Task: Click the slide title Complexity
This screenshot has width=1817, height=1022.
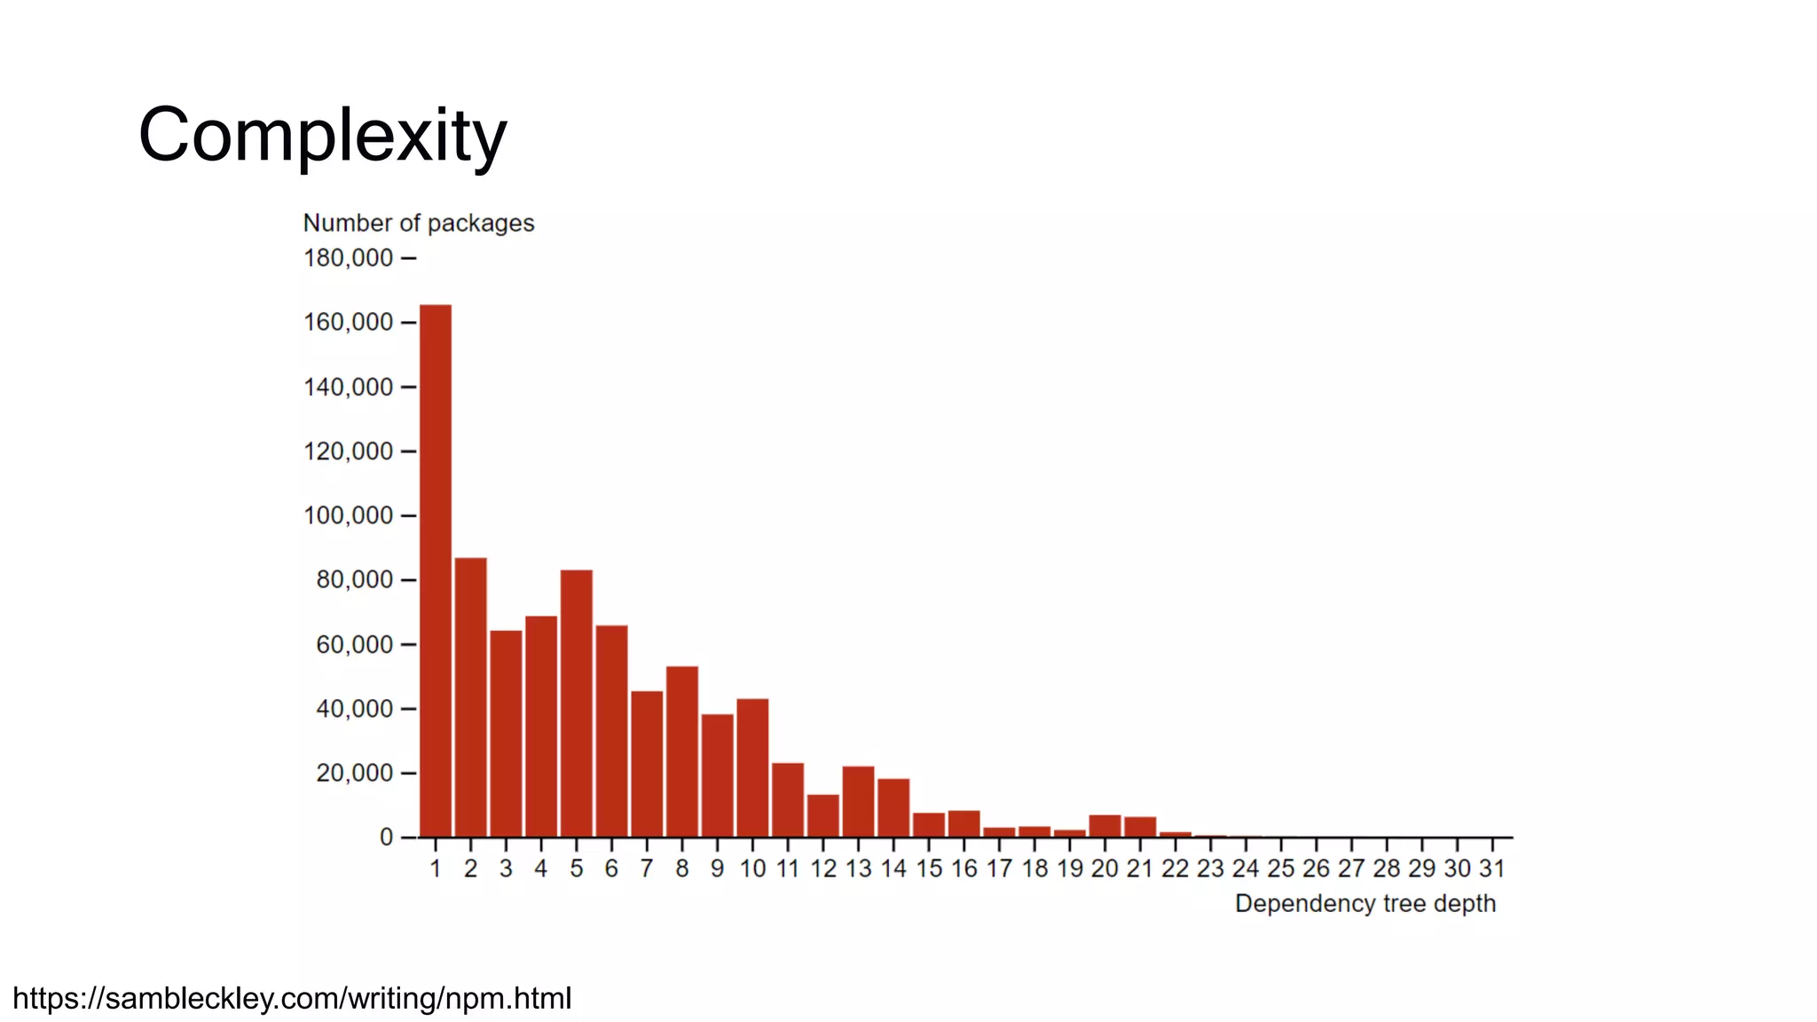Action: (x=322, y=135)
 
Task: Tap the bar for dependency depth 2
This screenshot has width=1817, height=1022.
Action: (x=471, y=697)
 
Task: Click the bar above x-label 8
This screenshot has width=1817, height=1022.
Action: (x=682, y=751)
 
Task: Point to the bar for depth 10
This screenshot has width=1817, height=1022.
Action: (x=752, y=767)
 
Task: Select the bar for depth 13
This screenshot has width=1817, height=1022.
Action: (x=858, y=801)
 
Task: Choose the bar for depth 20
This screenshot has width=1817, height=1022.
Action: (x=1105, y=826)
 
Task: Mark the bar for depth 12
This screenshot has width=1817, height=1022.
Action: (x=823, y=815)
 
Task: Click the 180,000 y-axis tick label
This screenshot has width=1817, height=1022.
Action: (x=348, y=258)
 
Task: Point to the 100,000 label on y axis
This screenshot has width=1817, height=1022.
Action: (x=348, y=515)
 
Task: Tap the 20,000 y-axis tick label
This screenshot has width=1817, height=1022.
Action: (x=354, y=774)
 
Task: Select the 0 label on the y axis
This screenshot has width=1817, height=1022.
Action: (x=386, y=837)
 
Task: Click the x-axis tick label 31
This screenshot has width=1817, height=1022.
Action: (x=1492, y=869)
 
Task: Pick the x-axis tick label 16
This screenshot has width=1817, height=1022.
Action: (x=964, y=869)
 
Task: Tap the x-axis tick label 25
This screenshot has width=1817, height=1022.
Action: (x=1281, y=869)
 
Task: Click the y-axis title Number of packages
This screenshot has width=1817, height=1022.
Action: (x=419, y=223)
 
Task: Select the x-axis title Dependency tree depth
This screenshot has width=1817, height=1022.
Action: (x=1365, y=904)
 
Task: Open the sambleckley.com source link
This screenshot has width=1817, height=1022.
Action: (x=292, y=999)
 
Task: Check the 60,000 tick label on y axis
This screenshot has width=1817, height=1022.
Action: (x=354, y=645)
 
